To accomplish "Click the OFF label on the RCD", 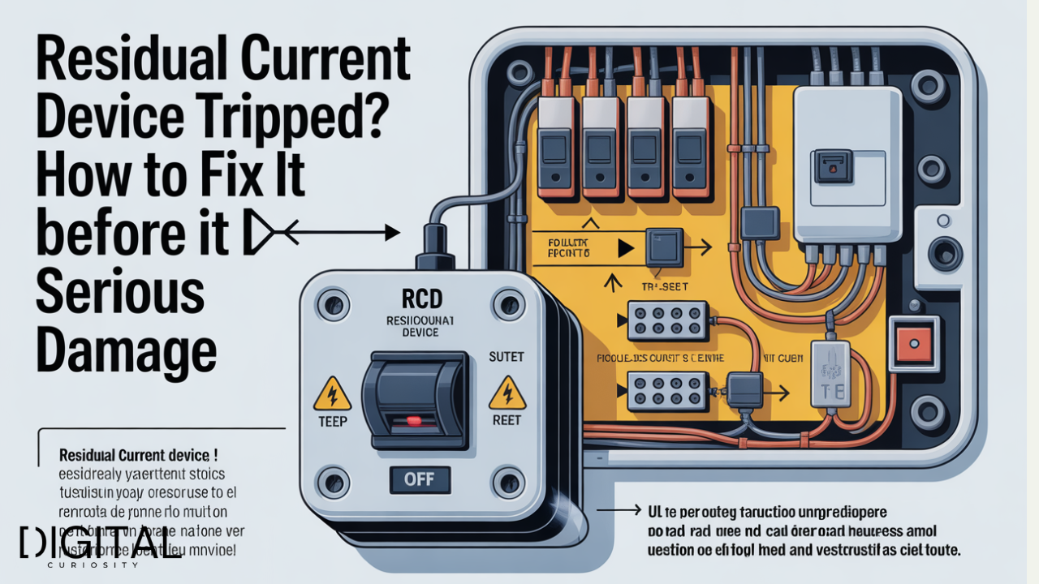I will pyautogui.click(x=419, y=479).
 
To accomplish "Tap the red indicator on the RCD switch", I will pyautogui.click(x=414, y=420).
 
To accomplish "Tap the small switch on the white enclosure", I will pyautogui.click(x=833, y=165).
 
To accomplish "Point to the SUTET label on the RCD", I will pyautogui.click(x=507, y=356).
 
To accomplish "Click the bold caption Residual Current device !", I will pyautogui.click(x=138, y=456).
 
